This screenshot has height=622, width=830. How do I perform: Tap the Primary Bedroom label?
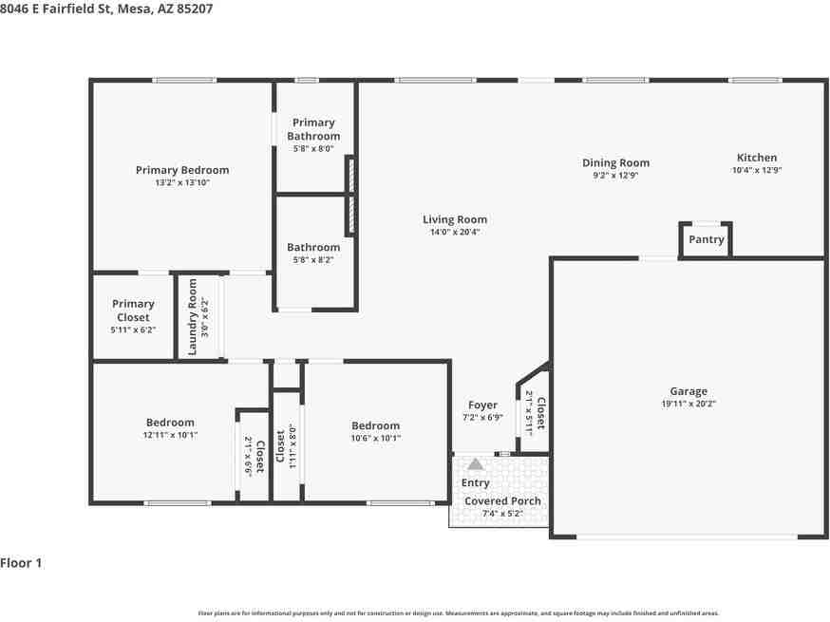click(182, 170)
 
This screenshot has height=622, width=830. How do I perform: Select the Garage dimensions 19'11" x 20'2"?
click(689, 403)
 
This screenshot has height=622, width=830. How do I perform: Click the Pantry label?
click(706, 239)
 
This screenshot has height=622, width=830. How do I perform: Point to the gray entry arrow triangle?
click(476, 463)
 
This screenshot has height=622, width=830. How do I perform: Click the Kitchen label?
click(757, 158)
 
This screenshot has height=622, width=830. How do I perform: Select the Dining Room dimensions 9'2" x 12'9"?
click(615, 175)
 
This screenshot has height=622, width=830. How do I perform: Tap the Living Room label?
click(455, 219)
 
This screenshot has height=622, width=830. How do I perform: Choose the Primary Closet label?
click(133, 311)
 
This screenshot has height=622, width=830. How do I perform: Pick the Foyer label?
click(483, 405)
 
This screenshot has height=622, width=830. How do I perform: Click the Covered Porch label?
click(502, 500)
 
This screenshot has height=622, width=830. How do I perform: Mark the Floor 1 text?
click(21, 563)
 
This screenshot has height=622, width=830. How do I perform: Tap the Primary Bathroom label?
click(313, 129)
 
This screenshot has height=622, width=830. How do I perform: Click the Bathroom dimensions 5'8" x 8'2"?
click(313, 259)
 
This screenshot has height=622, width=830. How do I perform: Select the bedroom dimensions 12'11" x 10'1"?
click(170, 435)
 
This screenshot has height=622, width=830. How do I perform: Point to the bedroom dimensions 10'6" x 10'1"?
click(375, 438)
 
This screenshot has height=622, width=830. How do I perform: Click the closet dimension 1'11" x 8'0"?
click(293, 446)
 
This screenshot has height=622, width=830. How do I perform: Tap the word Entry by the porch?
click(476, 483)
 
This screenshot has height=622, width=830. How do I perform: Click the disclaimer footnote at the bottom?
click(458, 613)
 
